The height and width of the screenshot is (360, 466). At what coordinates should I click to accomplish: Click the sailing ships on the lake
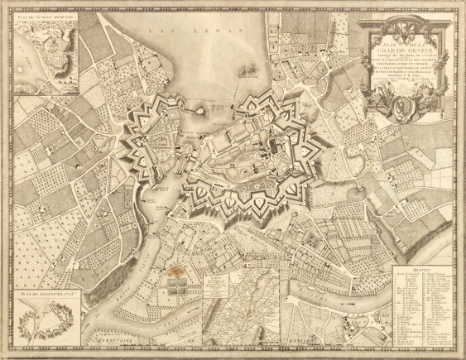[245, 72]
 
